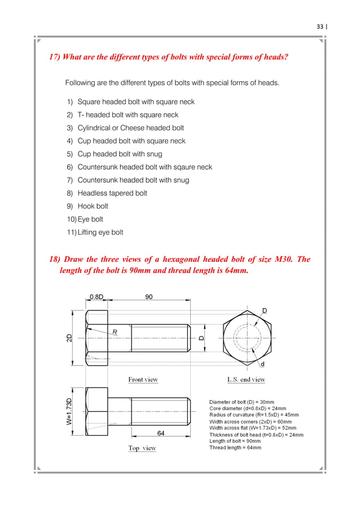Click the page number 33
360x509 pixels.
tap(319, 27)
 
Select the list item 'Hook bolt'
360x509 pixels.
tap(93, 206)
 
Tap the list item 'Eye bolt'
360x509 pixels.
tap(90, 219)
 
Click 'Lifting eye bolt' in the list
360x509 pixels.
tap(100, 232)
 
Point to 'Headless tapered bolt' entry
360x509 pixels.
tap(112, 193)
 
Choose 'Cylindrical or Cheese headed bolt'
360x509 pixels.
tap(130, 128)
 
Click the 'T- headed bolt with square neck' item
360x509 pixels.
tap(128, 115)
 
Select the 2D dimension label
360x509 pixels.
tap(69, 339)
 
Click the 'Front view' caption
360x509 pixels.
tap(143, 380)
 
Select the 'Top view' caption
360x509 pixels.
tap(142, 448)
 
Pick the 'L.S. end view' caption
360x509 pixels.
tap(246, 380)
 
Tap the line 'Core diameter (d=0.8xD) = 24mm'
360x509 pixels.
tap(247, 408)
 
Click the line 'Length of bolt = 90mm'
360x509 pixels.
tap(235, 441)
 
